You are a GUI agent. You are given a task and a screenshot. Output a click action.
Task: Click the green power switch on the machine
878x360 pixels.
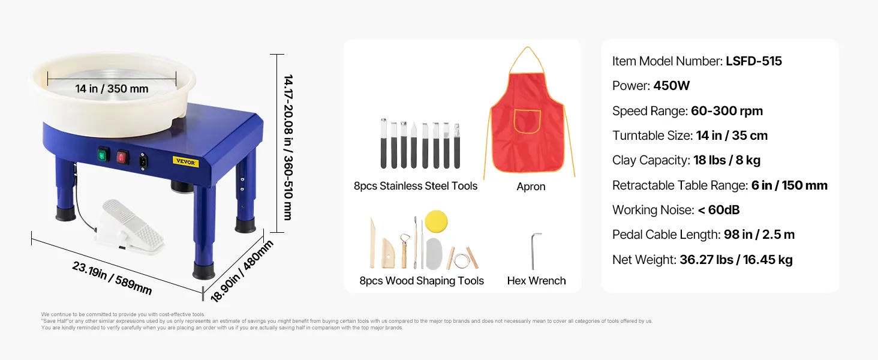[103, 155]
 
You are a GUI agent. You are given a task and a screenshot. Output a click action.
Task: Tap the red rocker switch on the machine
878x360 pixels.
[123, 158]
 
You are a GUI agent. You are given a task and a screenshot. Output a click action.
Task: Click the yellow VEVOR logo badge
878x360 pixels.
[186, 161]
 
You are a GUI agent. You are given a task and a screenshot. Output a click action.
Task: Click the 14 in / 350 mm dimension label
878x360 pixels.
[112, 89]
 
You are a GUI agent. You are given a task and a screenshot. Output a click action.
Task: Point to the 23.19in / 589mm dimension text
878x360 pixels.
[112, 278]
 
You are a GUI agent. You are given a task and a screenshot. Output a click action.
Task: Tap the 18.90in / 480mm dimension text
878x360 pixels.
[242, 271]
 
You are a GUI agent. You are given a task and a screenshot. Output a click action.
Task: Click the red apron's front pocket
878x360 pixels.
[527, 121]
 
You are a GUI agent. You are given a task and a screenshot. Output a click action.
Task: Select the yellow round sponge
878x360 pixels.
[436, 221]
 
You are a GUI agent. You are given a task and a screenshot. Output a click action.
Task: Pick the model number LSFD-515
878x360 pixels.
[754, 61]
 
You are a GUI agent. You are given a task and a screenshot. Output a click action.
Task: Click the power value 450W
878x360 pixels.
[672, 86]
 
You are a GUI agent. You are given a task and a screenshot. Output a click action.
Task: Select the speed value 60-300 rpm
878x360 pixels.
[727, 111]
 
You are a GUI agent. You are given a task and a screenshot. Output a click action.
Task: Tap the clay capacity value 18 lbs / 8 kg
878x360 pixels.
[727, 160]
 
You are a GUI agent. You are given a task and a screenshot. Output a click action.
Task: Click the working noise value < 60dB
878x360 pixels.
[718, 210]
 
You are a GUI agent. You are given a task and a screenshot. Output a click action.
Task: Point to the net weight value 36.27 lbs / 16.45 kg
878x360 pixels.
[736, 260]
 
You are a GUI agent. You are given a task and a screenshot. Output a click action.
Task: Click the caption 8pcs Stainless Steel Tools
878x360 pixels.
[416, 186]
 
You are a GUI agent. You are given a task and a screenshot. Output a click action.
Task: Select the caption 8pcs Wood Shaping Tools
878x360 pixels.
[422, 281]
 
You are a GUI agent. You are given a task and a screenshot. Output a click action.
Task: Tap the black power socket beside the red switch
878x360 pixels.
[143, 161]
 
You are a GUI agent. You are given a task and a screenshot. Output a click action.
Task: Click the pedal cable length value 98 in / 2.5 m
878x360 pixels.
[759, 235]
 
